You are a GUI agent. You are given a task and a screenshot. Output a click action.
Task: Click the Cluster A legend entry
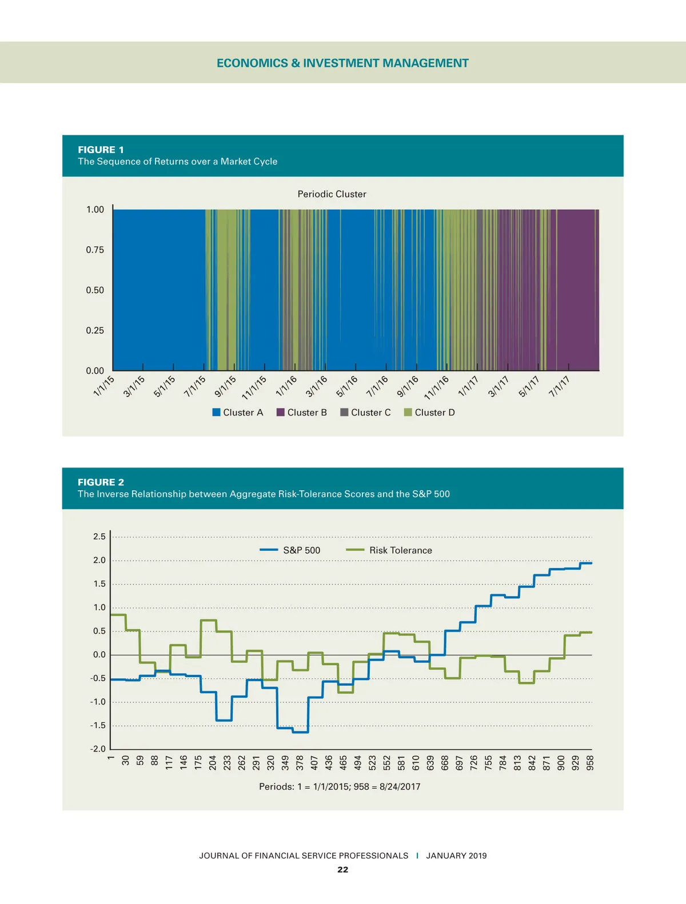pos(238,413)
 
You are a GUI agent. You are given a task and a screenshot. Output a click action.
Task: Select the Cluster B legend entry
pos(302,413)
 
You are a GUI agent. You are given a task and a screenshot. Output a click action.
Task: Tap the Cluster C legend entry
pos(365,413)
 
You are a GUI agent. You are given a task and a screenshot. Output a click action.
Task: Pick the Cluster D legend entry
pos(429,413)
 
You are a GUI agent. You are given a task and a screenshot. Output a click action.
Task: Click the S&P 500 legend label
pos(301,550)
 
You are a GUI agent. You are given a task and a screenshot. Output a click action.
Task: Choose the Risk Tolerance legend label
pos(400,550)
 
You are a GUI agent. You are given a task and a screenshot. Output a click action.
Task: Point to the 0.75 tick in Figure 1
pos(95,250)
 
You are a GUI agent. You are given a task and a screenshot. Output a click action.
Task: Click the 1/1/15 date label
pos(104,386)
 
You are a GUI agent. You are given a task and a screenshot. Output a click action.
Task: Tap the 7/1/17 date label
pos(559,386)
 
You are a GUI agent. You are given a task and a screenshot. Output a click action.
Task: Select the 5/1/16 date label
pos(346,386)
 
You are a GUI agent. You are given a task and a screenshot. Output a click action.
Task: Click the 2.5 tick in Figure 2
pos(99,537)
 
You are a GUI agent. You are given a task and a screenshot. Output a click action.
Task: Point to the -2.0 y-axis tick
pos(98,749)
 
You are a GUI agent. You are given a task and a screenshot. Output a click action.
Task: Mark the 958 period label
pos(591,763)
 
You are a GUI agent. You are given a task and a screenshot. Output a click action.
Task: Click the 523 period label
pos(373,763)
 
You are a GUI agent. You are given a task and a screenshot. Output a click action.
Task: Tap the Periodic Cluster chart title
pos(332,194)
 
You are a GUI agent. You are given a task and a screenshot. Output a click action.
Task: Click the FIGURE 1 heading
pos(101,150)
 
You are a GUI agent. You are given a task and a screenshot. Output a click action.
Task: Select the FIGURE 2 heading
pos(101,482)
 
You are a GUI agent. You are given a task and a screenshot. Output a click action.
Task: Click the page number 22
pos(342,870)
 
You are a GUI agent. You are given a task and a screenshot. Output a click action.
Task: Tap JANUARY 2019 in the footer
pos(456,855)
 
